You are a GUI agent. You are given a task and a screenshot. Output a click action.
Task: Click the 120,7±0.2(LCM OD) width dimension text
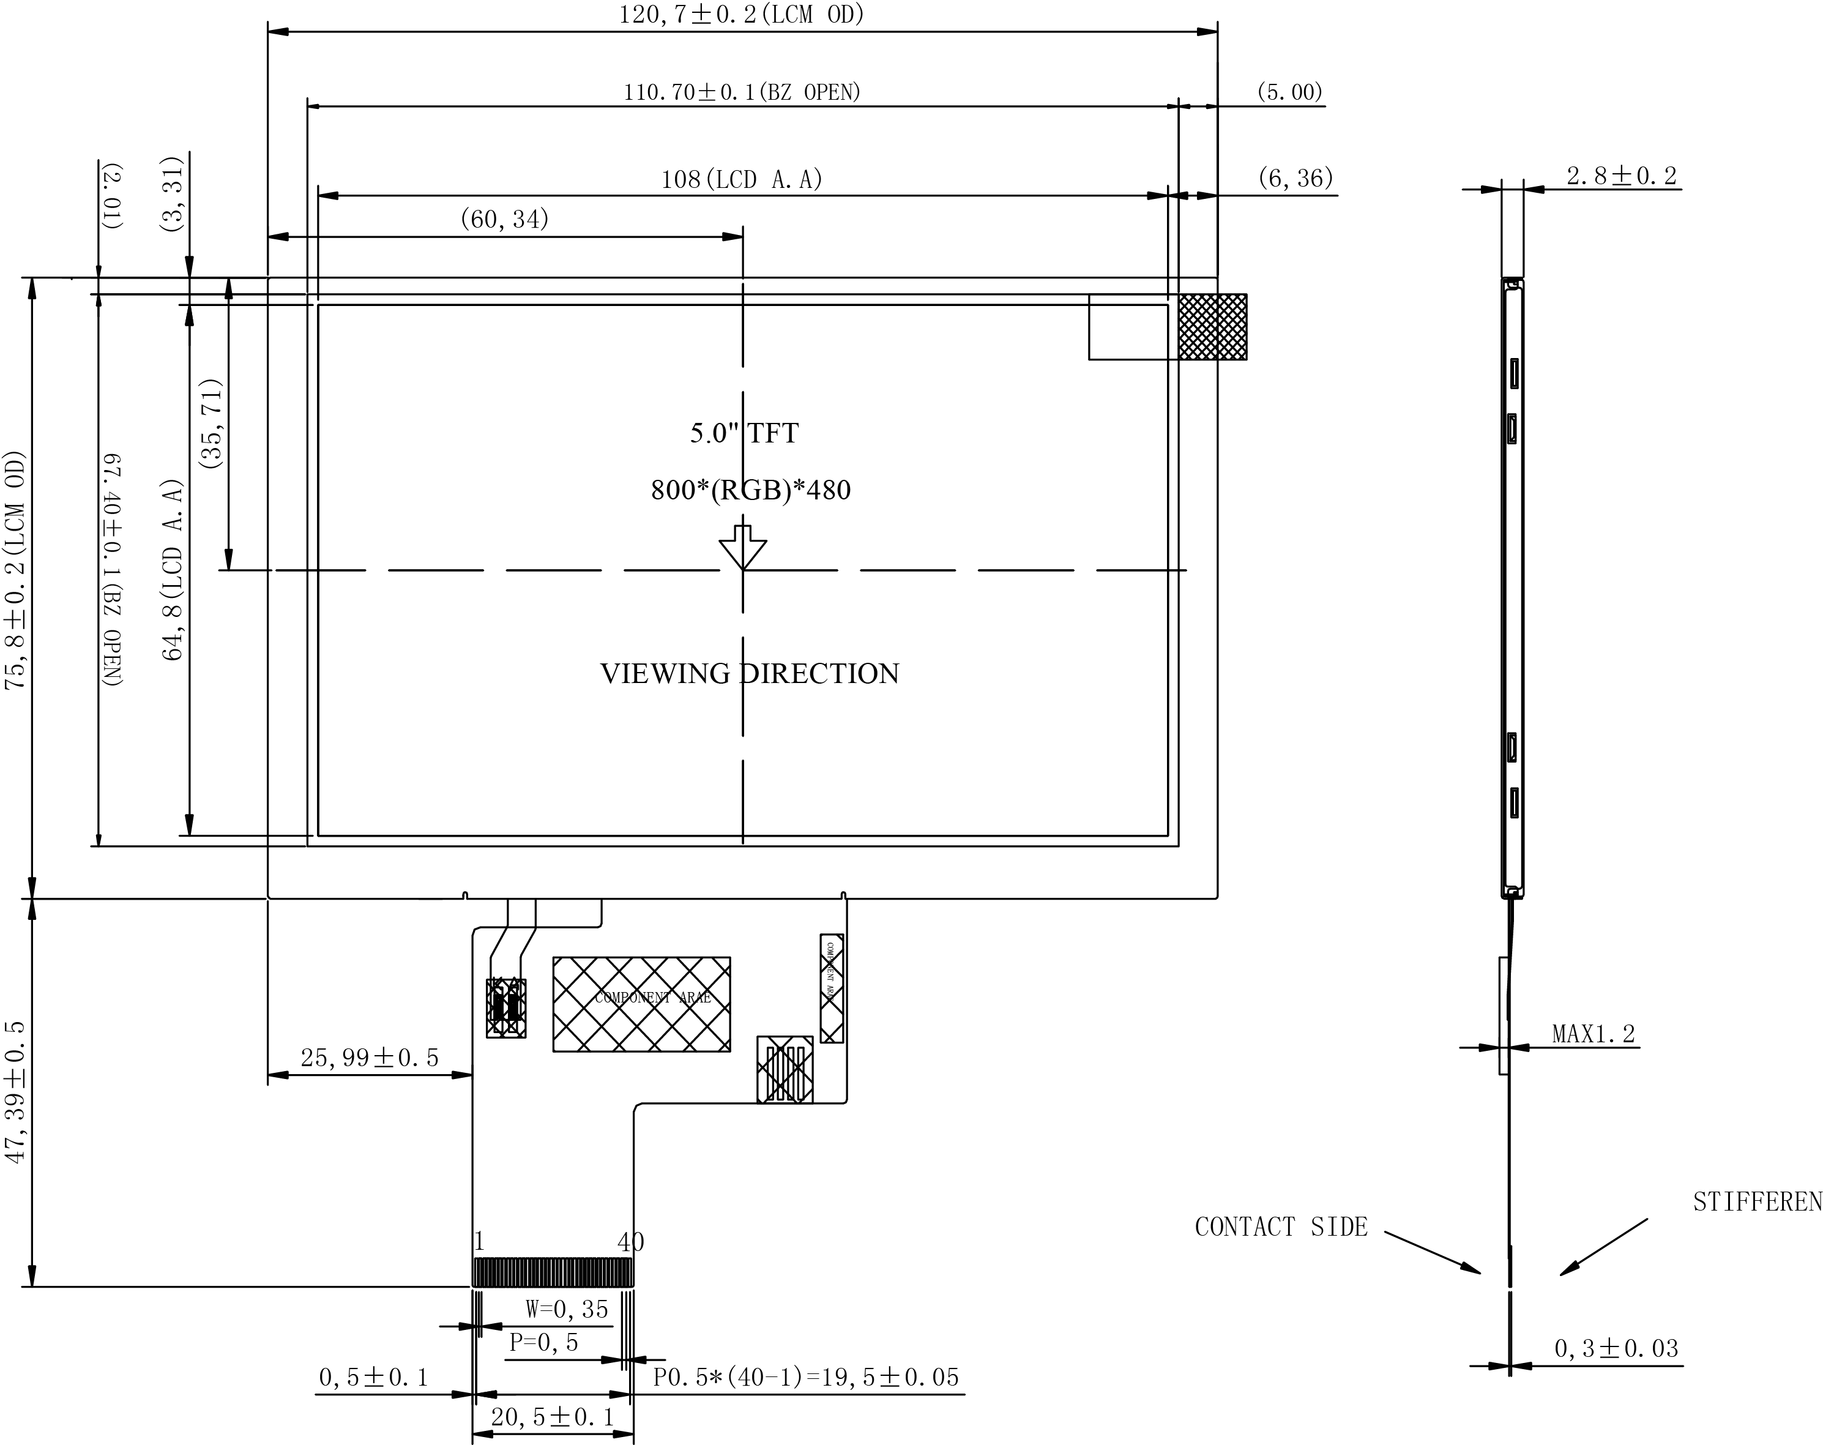pos(742,14)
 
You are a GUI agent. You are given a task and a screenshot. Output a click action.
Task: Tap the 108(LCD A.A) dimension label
pos(742,179)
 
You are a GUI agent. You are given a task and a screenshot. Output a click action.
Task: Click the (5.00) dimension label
pos(1289,91)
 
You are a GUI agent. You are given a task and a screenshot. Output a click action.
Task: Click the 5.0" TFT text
pos(744,433)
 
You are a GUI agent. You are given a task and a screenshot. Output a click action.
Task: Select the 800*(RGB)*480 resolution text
pos(751,490)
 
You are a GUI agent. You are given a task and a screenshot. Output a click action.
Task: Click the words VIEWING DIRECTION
pos(749,673)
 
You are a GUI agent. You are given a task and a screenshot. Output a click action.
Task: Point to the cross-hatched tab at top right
pos(1212,326)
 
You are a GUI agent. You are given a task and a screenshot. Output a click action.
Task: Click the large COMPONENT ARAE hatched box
pos(641,1004)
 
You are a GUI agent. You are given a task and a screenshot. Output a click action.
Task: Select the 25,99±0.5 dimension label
pos(370,1057)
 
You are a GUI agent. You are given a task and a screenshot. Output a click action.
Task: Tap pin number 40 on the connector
pos(630,1241)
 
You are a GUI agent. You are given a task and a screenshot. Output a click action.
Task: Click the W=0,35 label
pos(567,1309)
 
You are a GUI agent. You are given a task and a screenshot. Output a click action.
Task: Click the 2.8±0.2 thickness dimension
pos(1621,176)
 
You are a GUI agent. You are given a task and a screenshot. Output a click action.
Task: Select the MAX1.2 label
pos(1593,1033)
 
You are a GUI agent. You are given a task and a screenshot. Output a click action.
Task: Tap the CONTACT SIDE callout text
pos(1280,1227)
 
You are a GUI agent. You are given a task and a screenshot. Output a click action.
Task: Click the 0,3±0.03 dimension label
pos(1616,1349)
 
